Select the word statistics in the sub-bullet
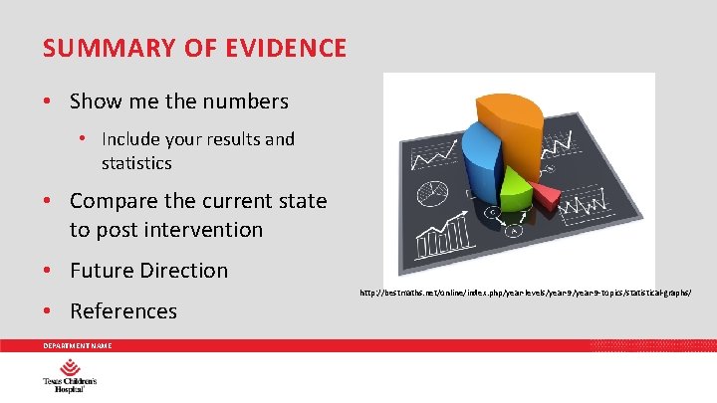click(x=136, y=162)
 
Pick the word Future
click(x=102, y=271)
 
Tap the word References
click(x=123, y=311)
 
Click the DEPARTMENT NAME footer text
click(x=77, y=345)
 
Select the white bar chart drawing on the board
click(x=438, y=238)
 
